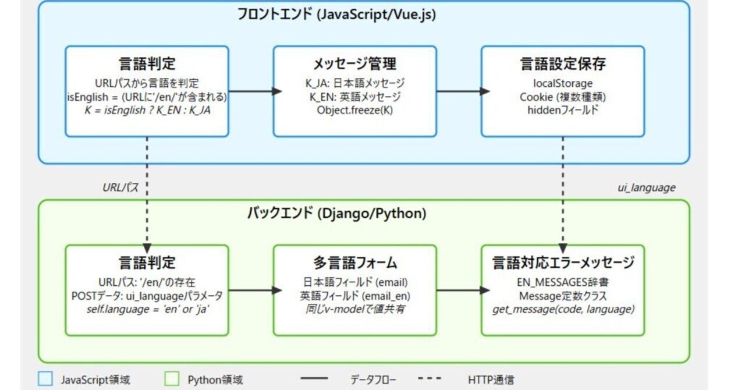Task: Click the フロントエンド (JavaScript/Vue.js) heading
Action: coord(336,15)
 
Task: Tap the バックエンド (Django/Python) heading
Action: coord(336,213)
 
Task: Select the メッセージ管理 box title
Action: coord(354,63)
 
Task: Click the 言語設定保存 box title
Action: coord(562,63)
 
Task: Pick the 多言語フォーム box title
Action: coord(354,263)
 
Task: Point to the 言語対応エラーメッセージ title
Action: coord(562,263)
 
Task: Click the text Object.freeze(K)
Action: coord(354,109)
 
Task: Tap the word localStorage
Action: coord(562,83)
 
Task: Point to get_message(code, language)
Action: coord(562,309)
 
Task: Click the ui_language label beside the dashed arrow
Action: coord(646,187)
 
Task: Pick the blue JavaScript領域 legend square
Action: coord(44,379)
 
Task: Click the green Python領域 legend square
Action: coord(171,379)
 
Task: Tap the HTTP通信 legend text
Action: coord(491,380)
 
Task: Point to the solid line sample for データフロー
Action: coord(315,379)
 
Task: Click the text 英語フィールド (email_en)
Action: coord(354,296)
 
